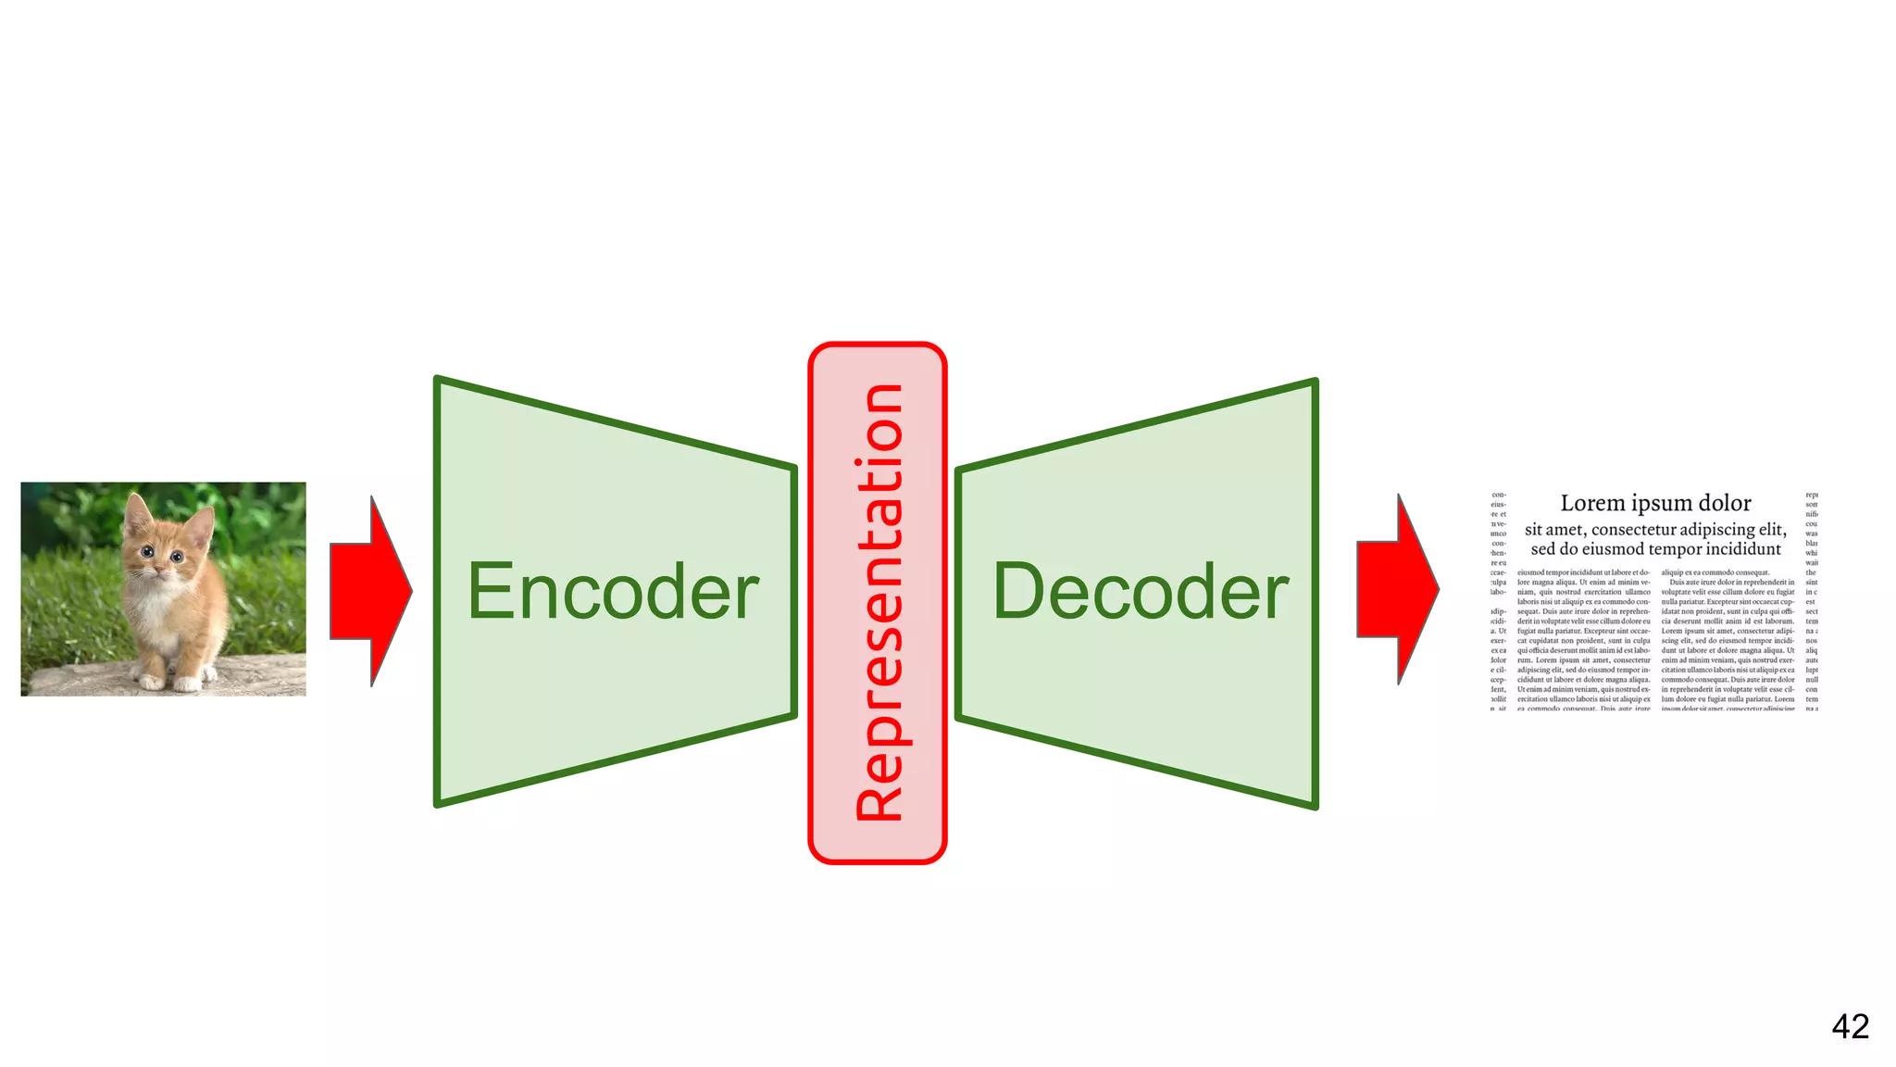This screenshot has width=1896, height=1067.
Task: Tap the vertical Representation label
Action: pos(879,602)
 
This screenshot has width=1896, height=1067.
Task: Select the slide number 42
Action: pos(1850,1026)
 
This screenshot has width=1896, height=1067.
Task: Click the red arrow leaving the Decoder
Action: pos(1397,589)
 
